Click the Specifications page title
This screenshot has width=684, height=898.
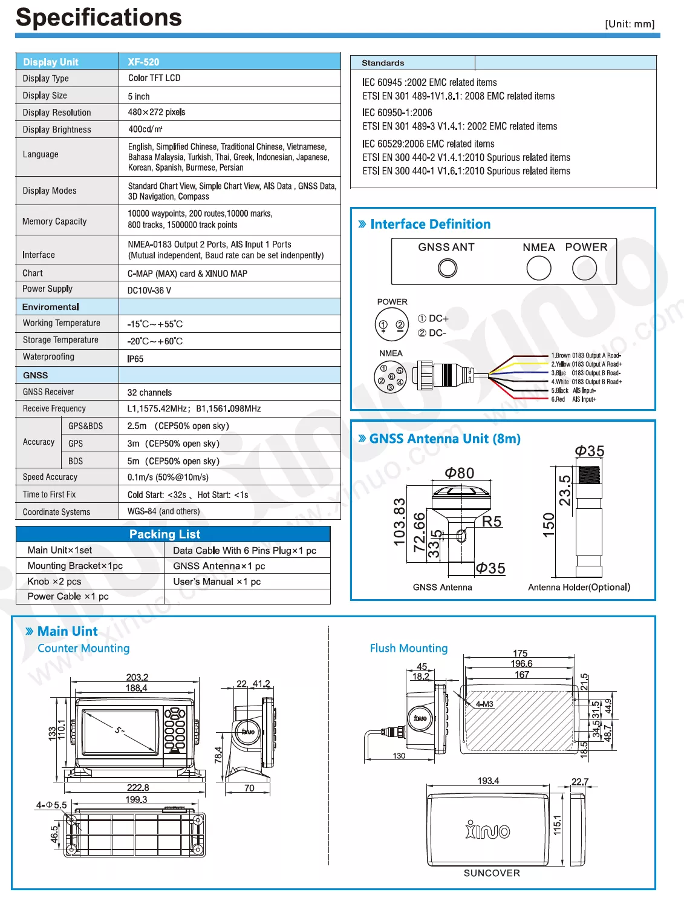point(99,18)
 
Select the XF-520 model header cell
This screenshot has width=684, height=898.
point(143,62)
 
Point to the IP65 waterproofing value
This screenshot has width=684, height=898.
point(135,359)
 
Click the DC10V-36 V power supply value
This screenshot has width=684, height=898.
point(149,290)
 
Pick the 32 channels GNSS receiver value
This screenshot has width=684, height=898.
point(149,393)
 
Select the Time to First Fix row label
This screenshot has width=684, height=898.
point(49,494)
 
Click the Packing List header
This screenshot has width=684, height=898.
point(164,534)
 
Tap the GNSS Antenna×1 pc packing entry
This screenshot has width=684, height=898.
point(219,566)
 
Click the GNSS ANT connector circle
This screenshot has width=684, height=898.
point(448,268)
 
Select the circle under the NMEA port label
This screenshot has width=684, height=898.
point(539,268)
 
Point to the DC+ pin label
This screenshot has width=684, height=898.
point(434,318)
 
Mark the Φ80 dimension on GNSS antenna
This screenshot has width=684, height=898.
point(460,473)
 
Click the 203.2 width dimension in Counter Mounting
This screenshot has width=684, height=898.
point(137,677)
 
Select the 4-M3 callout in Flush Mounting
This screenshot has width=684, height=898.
point(484,704)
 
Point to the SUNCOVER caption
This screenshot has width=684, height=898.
point(492,873)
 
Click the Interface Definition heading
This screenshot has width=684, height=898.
point(430,224)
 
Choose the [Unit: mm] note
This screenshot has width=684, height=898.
point(630,24)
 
